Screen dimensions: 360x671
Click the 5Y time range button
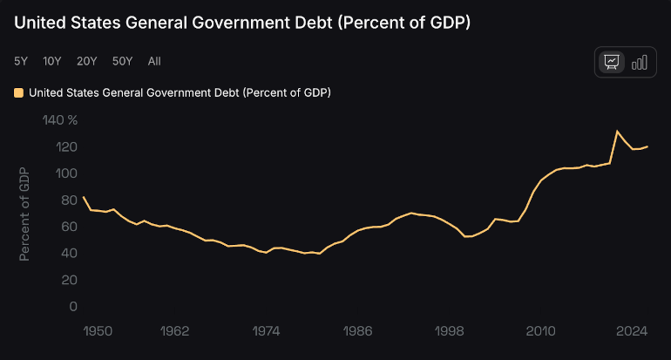(20, 61)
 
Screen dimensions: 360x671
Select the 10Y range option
(52, 61)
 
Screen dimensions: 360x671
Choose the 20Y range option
(87, 61)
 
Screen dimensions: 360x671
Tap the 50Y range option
(123, 61)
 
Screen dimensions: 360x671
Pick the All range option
(154, 61)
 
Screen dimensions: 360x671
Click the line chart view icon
(612, 62)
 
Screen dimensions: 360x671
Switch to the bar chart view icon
(640, 62)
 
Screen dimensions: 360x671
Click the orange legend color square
(19, 92)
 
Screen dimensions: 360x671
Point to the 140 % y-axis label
(60, 119)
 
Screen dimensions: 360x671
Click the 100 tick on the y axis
(67, 173)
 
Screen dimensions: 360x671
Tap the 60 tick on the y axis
(70, 227)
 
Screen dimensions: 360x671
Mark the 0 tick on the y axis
(73, 307)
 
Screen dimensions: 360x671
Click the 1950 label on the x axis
(98, 331)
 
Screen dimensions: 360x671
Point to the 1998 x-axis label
(450, 331)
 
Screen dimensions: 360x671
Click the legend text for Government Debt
(180, 92)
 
